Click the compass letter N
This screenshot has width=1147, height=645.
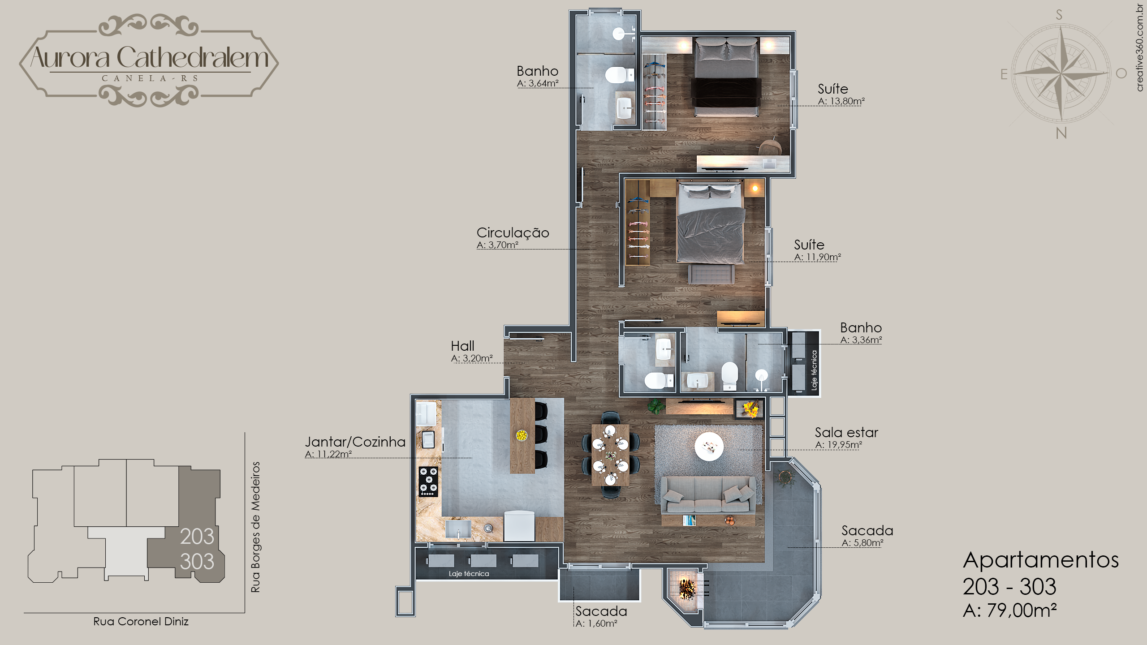[x=1061, y=133]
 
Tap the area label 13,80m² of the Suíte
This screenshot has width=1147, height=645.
[x=841, y=101]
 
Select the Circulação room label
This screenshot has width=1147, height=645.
[x=513, y=232]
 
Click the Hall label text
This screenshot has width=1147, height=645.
[x=462, y=346]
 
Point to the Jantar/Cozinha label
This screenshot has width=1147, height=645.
[x=355, y=442]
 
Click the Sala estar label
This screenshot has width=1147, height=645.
[x=846, y=432]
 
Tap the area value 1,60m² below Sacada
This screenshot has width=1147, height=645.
[x=596, y=623]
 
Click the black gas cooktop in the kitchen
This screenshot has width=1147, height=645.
[x=428, y=482]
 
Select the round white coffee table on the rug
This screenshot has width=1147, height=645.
[x=709, y=446]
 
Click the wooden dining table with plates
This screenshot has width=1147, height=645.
[x=610, y=455]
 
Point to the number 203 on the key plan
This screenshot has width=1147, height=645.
[x=197, y=537]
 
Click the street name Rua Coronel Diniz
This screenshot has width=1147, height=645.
[x=141, y=621]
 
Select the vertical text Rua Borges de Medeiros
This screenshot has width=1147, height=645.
[x=255, y=527]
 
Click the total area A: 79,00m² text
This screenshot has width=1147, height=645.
[x=1010, y=610]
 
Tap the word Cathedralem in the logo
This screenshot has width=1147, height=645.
[x=193, y=58]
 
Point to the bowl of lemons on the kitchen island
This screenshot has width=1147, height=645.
[x=522, y=435]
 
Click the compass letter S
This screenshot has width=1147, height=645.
[x=1059, y=15]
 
